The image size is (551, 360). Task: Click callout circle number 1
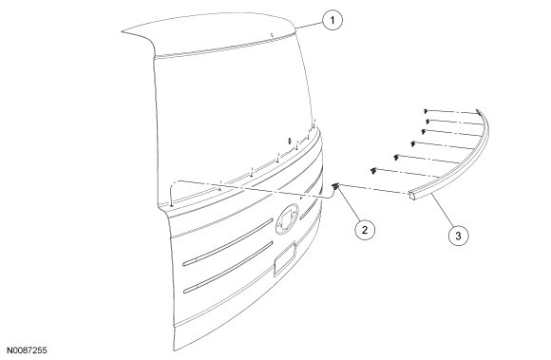point(332,20)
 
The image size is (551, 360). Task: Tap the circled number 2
point(365,230)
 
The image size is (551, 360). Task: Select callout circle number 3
point(458,236)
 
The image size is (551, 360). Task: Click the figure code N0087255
point(28,351)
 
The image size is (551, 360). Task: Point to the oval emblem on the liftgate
point(288,219)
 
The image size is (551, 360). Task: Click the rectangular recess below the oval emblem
point(285,259)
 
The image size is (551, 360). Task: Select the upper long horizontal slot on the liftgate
point(228,242)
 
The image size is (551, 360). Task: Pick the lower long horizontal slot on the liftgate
point(228,267)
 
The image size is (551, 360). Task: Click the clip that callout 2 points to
point(336,186)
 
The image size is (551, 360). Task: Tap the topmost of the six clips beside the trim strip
point(426,111)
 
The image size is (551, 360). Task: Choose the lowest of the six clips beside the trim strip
point(373,171)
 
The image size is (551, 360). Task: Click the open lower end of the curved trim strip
point(412,196)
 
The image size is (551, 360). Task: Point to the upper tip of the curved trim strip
point(478,111)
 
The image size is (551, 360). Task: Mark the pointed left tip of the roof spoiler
point(123,32)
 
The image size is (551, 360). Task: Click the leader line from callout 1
point(309,25)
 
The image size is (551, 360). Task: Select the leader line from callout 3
point(442,210)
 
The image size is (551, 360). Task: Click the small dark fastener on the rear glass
point(289,141)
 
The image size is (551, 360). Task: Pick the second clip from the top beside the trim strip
point(427,122)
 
